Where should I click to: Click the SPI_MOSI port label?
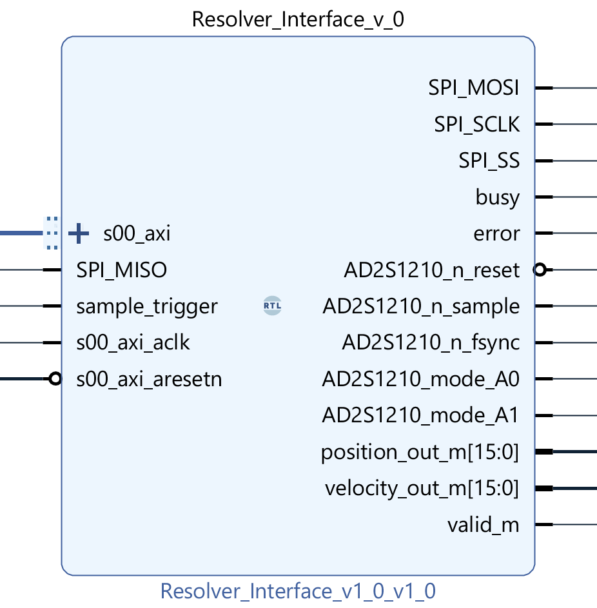tap(473, 88)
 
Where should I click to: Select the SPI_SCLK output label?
tap(476, 124)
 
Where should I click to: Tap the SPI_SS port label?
tap(489, 160)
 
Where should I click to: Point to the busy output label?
tap(497, 197)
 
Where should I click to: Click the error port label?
tap(496, 233)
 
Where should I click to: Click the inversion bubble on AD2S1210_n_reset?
tap(540, 270)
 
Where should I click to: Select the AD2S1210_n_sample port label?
tap(421, 306)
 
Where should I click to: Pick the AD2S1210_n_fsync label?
tap(431, 343)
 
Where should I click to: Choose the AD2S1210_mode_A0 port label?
tap(420, 379)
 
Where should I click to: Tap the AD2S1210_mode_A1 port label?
tap(420, 416)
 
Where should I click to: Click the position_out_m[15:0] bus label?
tap(420, 453)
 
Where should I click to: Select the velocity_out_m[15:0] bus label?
tap(422, 489)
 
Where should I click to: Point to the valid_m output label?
tap(483, 525)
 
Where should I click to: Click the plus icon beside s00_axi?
tap(79, 233)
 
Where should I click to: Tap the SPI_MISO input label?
tap(121, 270)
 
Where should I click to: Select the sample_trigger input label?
tap(147, 306)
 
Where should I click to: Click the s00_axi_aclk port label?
tap(133, 342)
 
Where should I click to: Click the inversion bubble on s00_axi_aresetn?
tap(55, 379)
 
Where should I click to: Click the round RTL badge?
tap(273, 306)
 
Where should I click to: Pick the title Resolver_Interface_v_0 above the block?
tap(298, 20)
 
